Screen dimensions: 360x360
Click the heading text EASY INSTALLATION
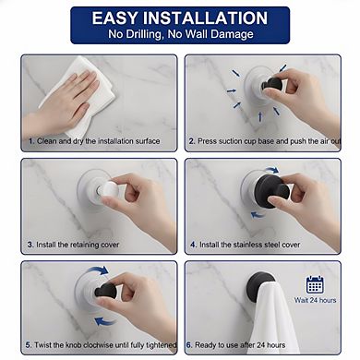[x=180, y=18]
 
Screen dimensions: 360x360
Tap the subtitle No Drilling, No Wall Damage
[x=180, y=35]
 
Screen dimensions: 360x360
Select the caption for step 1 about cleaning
[x=93, y=141]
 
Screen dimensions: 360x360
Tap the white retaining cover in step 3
[x=108, y=190]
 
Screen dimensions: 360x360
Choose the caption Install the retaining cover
[x=73, y=245]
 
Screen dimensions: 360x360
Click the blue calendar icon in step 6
[x=315, y=284]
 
